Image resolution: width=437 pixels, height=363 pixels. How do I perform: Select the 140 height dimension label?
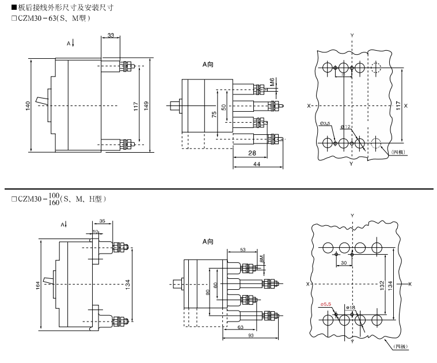[x=28, y=106]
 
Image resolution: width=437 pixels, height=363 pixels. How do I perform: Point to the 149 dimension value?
[x=147, y=105]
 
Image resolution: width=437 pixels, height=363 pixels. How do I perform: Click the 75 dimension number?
[x=214, y=115]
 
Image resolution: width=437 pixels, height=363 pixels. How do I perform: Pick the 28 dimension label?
[x=252, y=153]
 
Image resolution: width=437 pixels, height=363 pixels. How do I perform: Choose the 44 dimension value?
[x=257, y=164]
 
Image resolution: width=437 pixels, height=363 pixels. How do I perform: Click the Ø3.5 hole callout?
[x=325, y=123]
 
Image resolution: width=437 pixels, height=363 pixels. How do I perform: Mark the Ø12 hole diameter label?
[x=345, y=126]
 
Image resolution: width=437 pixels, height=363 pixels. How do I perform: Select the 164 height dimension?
[x=39, y=285]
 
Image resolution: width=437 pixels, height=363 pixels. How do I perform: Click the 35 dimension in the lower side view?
[x=102, y=221]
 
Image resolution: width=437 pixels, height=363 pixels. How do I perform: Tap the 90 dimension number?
[x=208, y=292]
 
